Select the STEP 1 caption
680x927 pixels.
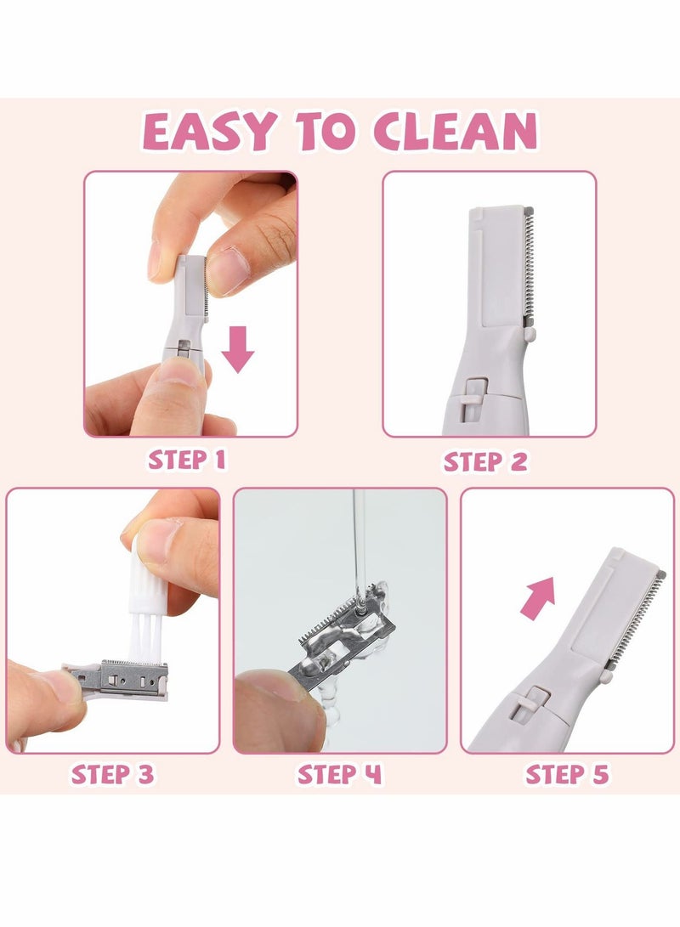pyautogui.click(x=187, y=460)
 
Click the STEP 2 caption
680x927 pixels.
pyautogui.click(x=485, y=461)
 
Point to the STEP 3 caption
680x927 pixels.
pyautogui.click(x=112, y=774)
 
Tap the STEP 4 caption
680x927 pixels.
pyautogui.click(x=339, y=774)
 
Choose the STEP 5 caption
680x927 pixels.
pyautogui.click(x=567, y=774)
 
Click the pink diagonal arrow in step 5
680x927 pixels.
pyautogui.click(x=538, y=597)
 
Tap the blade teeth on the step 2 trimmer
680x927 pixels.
pyautogui.click(x=529, y=267)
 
